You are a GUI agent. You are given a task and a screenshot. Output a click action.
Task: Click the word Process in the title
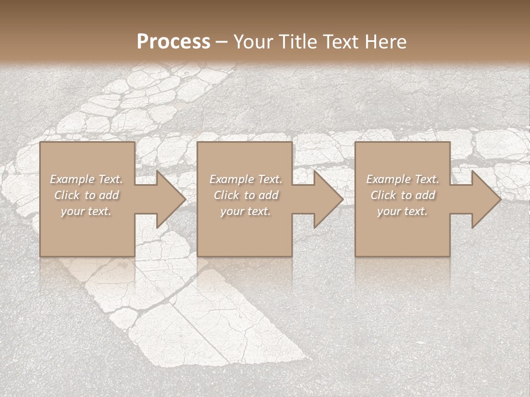[173, 42]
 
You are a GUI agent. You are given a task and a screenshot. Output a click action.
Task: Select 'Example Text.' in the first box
[86, 179]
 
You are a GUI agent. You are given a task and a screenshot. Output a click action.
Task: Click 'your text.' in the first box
[86, 211]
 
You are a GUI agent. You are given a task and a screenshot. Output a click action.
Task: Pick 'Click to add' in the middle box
[246, 195]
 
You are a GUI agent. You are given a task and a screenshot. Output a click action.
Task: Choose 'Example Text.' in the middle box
[246, 179]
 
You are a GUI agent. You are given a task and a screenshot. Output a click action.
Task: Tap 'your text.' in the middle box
[246, 211]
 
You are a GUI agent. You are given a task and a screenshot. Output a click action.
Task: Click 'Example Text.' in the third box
[402, 179]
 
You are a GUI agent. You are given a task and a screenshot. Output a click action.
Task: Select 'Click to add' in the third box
[402, 195]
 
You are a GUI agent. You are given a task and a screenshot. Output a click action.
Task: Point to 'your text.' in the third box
[402, 211]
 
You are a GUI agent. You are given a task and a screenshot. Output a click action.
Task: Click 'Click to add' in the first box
[86, 195]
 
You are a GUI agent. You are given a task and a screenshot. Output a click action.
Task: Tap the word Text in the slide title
[340, 42]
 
